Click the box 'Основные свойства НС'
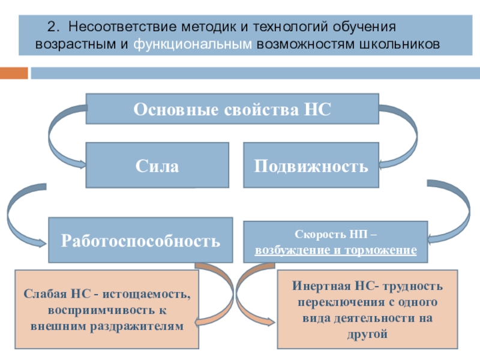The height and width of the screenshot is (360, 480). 232,109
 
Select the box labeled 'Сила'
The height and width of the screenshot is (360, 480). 157,165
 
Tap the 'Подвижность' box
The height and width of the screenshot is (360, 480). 311,165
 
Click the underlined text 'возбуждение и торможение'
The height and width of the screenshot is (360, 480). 335,248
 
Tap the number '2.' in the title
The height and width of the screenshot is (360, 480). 55,27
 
